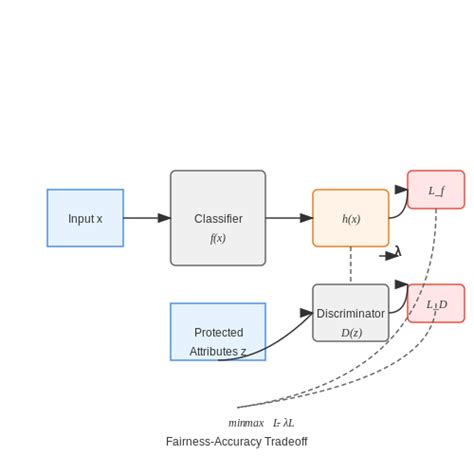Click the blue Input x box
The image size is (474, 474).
click(x=85, y=218)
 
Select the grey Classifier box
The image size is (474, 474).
click(x=218, y=218)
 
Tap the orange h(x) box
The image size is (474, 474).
click(x=350, y=218)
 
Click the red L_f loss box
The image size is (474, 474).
click(x=436, y=190)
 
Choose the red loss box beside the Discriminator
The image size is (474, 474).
click(x=436, y=304)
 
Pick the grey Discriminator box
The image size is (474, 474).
click(x=350, y=313)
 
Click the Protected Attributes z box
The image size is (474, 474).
click(x=218, y=332)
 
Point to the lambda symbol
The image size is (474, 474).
click(x=397, y=252)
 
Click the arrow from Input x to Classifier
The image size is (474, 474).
click(x=146, y=218)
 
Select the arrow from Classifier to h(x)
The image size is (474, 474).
click(x=289, y=218)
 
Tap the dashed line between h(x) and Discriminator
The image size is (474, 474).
click(x=350, y=265)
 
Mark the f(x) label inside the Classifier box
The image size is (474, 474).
click(x=218, y=238)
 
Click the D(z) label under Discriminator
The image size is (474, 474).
click(x=351, y=333)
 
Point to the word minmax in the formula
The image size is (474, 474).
click(x=246, y=423)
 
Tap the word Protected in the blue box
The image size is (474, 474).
click(x=218, y=332)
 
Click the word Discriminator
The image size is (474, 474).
click(x=350, y=313)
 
